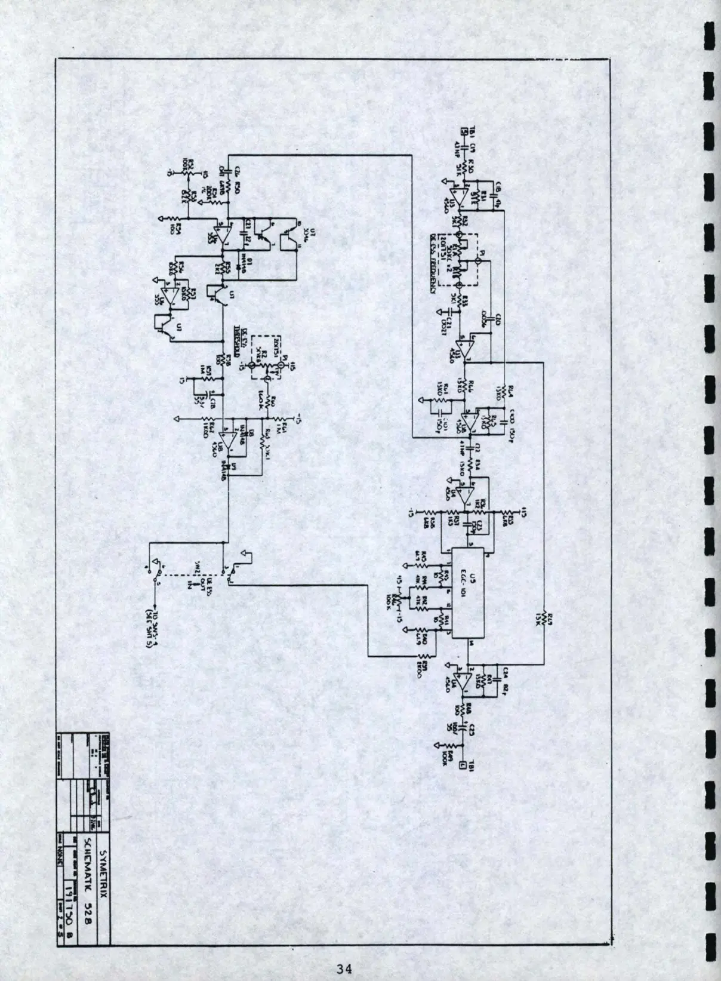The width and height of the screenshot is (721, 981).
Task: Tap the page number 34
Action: (344, 968)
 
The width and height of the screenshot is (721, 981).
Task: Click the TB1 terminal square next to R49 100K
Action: (463, 765)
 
